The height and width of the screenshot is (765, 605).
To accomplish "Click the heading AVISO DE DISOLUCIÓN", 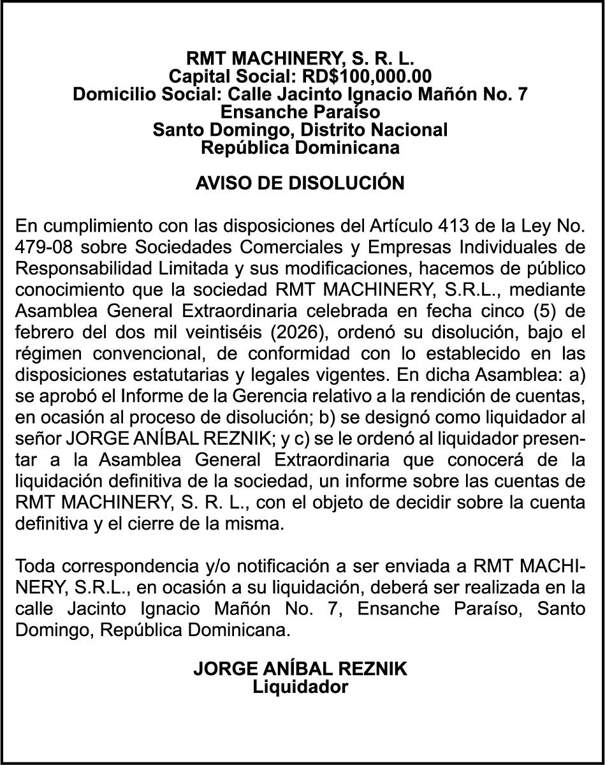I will pyautogui.click(x=300, y=183).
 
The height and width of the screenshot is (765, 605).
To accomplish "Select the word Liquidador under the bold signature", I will pyautogui.click(x=300, y=687).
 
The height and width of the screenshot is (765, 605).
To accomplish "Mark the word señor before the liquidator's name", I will pyautogui.click(x=36, y=439).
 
